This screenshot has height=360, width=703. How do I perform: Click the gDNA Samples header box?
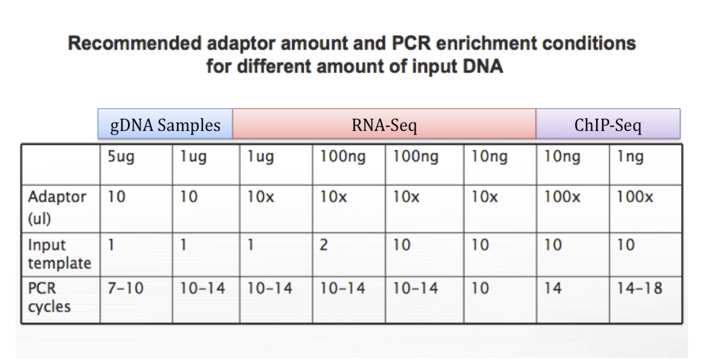coord(165,124)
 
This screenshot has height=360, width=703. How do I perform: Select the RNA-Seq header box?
coord(384,124)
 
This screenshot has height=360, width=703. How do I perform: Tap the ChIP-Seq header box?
coord(608,124)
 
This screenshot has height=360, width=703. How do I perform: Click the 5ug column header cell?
coord(136,164)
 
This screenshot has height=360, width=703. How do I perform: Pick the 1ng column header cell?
coord(645,164)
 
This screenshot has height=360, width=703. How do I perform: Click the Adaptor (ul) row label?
coord(61,209)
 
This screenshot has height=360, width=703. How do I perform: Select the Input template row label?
coord(61,255)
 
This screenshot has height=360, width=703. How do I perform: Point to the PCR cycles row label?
coord(61,300)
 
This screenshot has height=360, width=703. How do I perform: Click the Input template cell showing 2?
coord(349,255)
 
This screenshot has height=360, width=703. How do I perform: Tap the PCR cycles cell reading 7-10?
coord(136,300)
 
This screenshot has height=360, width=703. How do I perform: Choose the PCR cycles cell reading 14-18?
coord(645,300)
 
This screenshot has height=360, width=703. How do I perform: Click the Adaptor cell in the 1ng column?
coord(645,209)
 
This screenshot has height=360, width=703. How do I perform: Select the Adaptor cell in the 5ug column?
coord(136,209)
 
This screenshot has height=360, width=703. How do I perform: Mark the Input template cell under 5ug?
coord(136,255)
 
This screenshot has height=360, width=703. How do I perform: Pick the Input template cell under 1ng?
coord(645,255)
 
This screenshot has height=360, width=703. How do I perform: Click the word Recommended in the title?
coord(135,43)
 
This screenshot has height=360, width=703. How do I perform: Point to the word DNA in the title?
coord(483,66)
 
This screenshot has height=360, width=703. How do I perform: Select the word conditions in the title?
coord(589,43)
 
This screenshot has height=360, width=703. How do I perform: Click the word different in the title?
coord(274,66)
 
